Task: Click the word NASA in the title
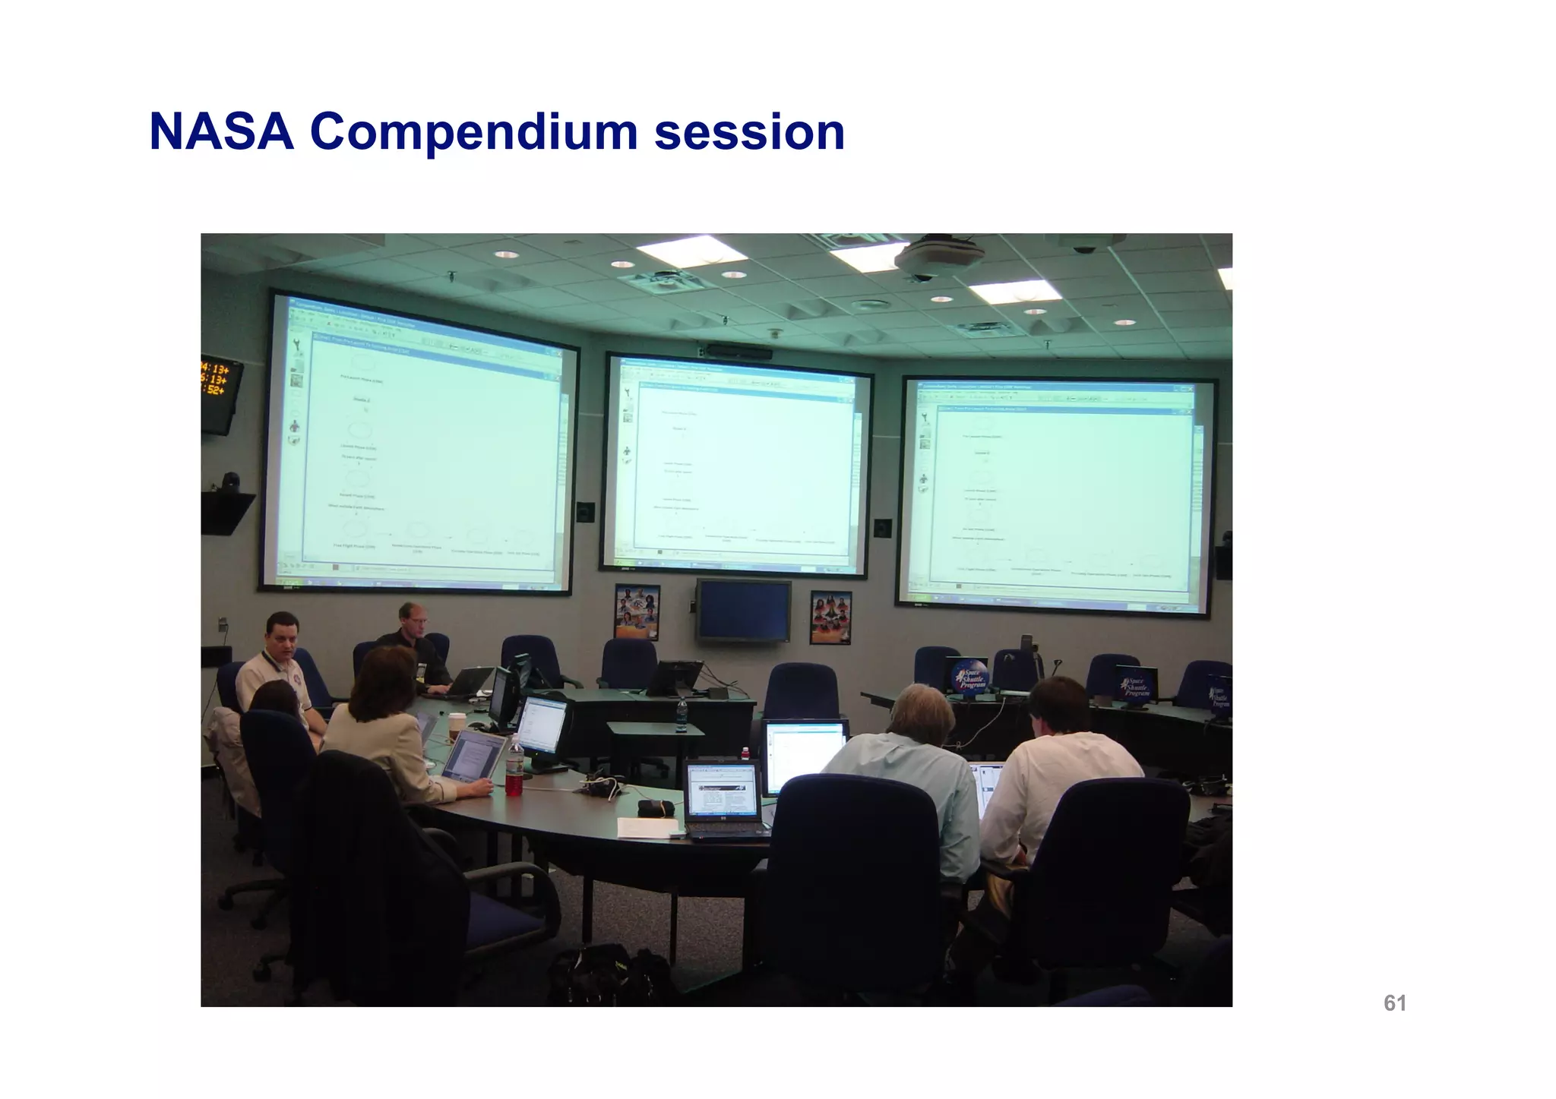pyautogui.click(x=221, y=132)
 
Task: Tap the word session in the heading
pyautogui.click(x=749, y=132)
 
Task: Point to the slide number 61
pyautogui.click(x=1394, y=1003)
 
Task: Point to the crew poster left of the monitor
pyautogui.click(x=637, y=612)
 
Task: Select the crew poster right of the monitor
pyautogui.click(x=830, y=617)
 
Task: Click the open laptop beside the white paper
pyautogui.click(x=722, y=797)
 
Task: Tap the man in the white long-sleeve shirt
pyautogui.click(x=1064, y=767)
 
